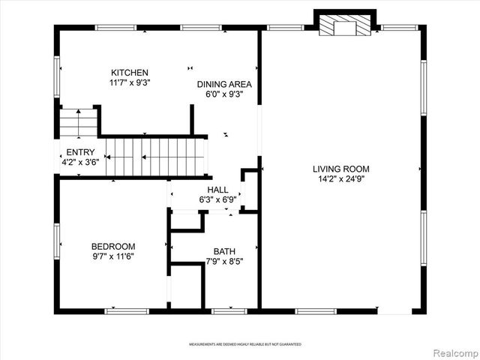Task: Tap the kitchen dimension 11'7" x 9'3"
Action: [x=130, y=83]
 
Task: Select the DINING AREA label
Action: [x=224, y=85]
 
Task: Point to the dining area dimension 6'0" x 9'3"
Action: [x=224, y=95]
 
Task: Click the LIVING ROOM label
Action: [x=340, y=169]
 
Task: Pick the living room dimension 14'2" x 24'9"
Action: [x=340, y=179]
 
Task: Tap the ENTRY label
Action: [x=80, y=152]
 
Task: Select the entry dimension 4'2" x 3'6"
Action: [x=80, y=162]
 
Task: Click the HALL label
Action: [x=217, y=190]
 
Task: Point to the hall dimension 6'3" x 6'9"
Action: [x=217, y=200]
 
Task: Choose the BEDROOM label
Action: [x=113, y=247]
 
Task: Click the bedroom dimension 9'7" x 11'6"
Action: [x=113, y=257]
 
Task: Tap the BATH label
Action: [x=223, y=251]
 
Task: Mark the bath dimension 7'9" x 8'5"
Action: [x=223, y=262]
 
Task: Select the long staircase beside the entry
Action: [x=155, y=156]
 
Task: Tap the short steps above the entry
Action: [x=78, y=123]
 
